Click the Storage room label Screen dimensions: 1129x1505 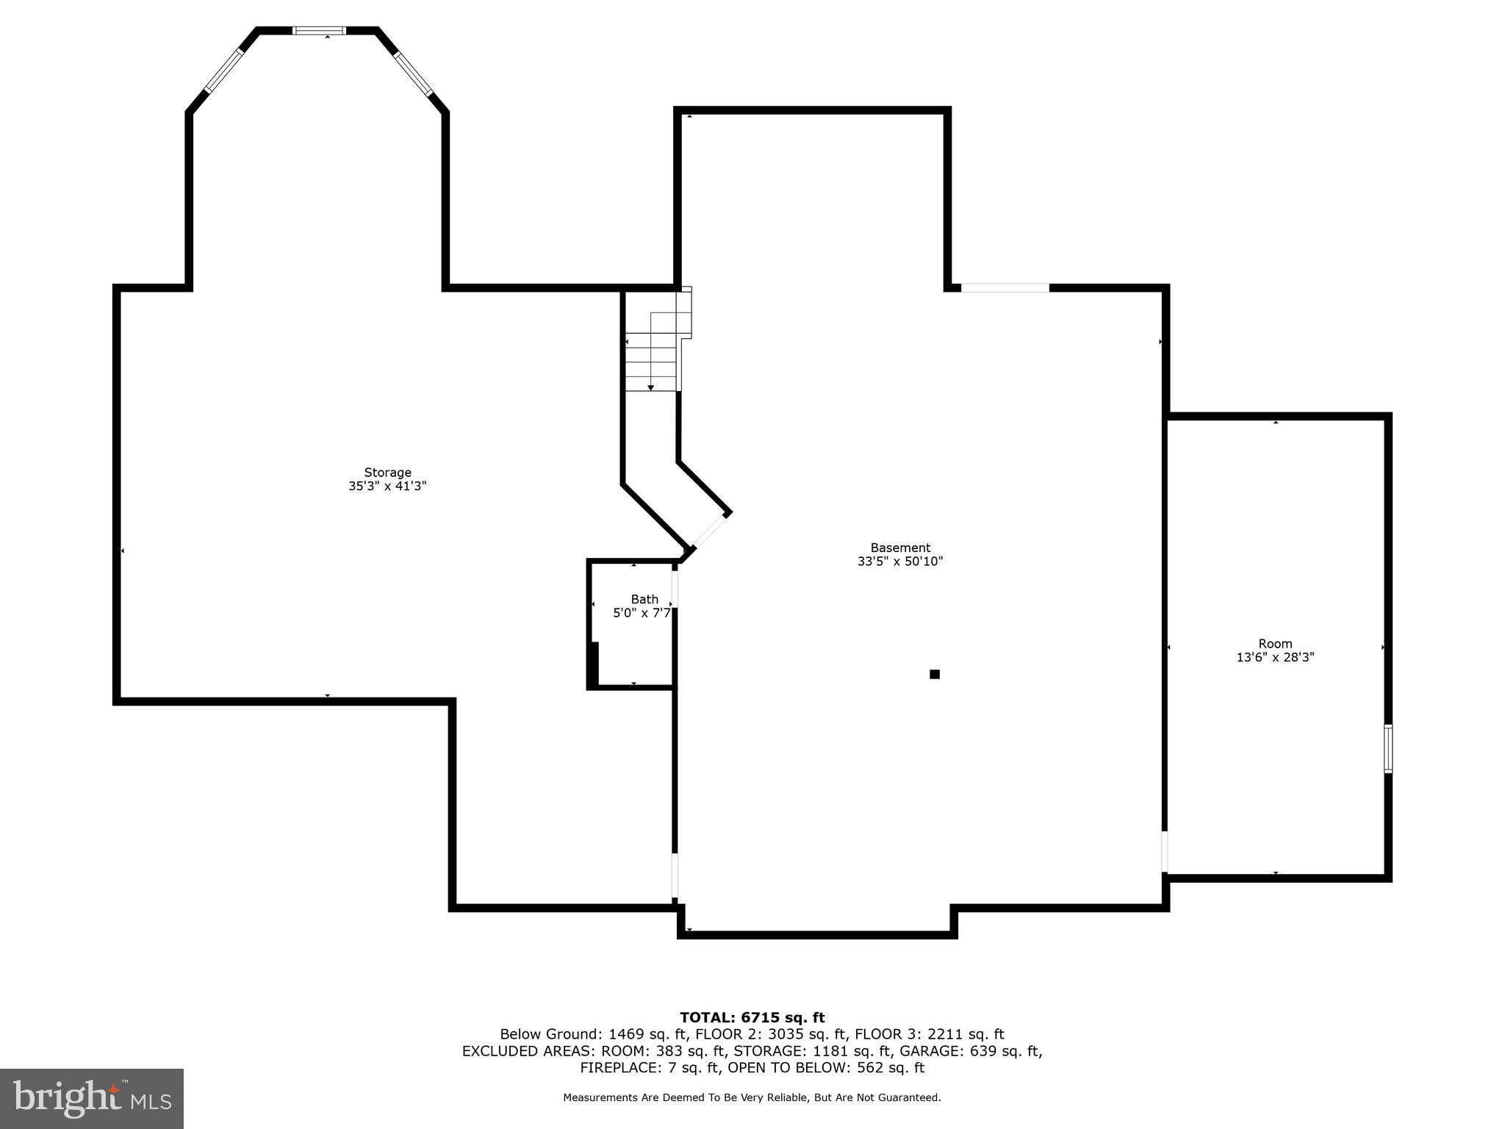tap(387, 473)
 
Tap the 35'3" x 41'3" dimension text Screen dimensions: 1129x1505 tap(387, 486)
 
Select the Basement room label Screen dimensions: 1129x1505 tap(900, 548)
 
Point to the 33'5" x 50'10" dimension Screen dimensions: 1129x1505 tap(900, 562)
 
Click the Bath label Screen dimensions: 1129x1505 tap(644, 599)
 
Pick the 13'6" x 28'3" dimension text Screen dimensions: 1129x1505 tap(1275, 658)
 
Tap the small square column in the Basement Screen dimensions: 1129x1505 tap(935, 674)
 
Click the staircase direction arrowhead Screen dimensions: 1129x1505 tap(650, 387)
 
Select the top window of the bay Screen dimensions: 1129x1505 tap(318, 31)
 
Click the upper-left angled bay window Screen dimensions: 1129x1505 tap(223, 71)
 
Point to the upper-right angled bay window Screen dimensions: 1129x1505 tap(412, 73)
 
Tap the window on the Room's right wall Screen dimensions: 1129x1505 tap(1387, 748)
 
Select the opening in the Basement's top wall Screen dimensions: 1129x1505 tap(1005, 288)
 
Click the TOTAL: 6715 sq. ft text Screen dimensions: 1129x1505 tap(752, 1017)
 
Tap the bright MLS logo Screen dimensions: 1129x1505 tap(92, 1098)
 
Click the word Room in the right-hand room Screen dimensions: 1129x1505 tap(1275, 644)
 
